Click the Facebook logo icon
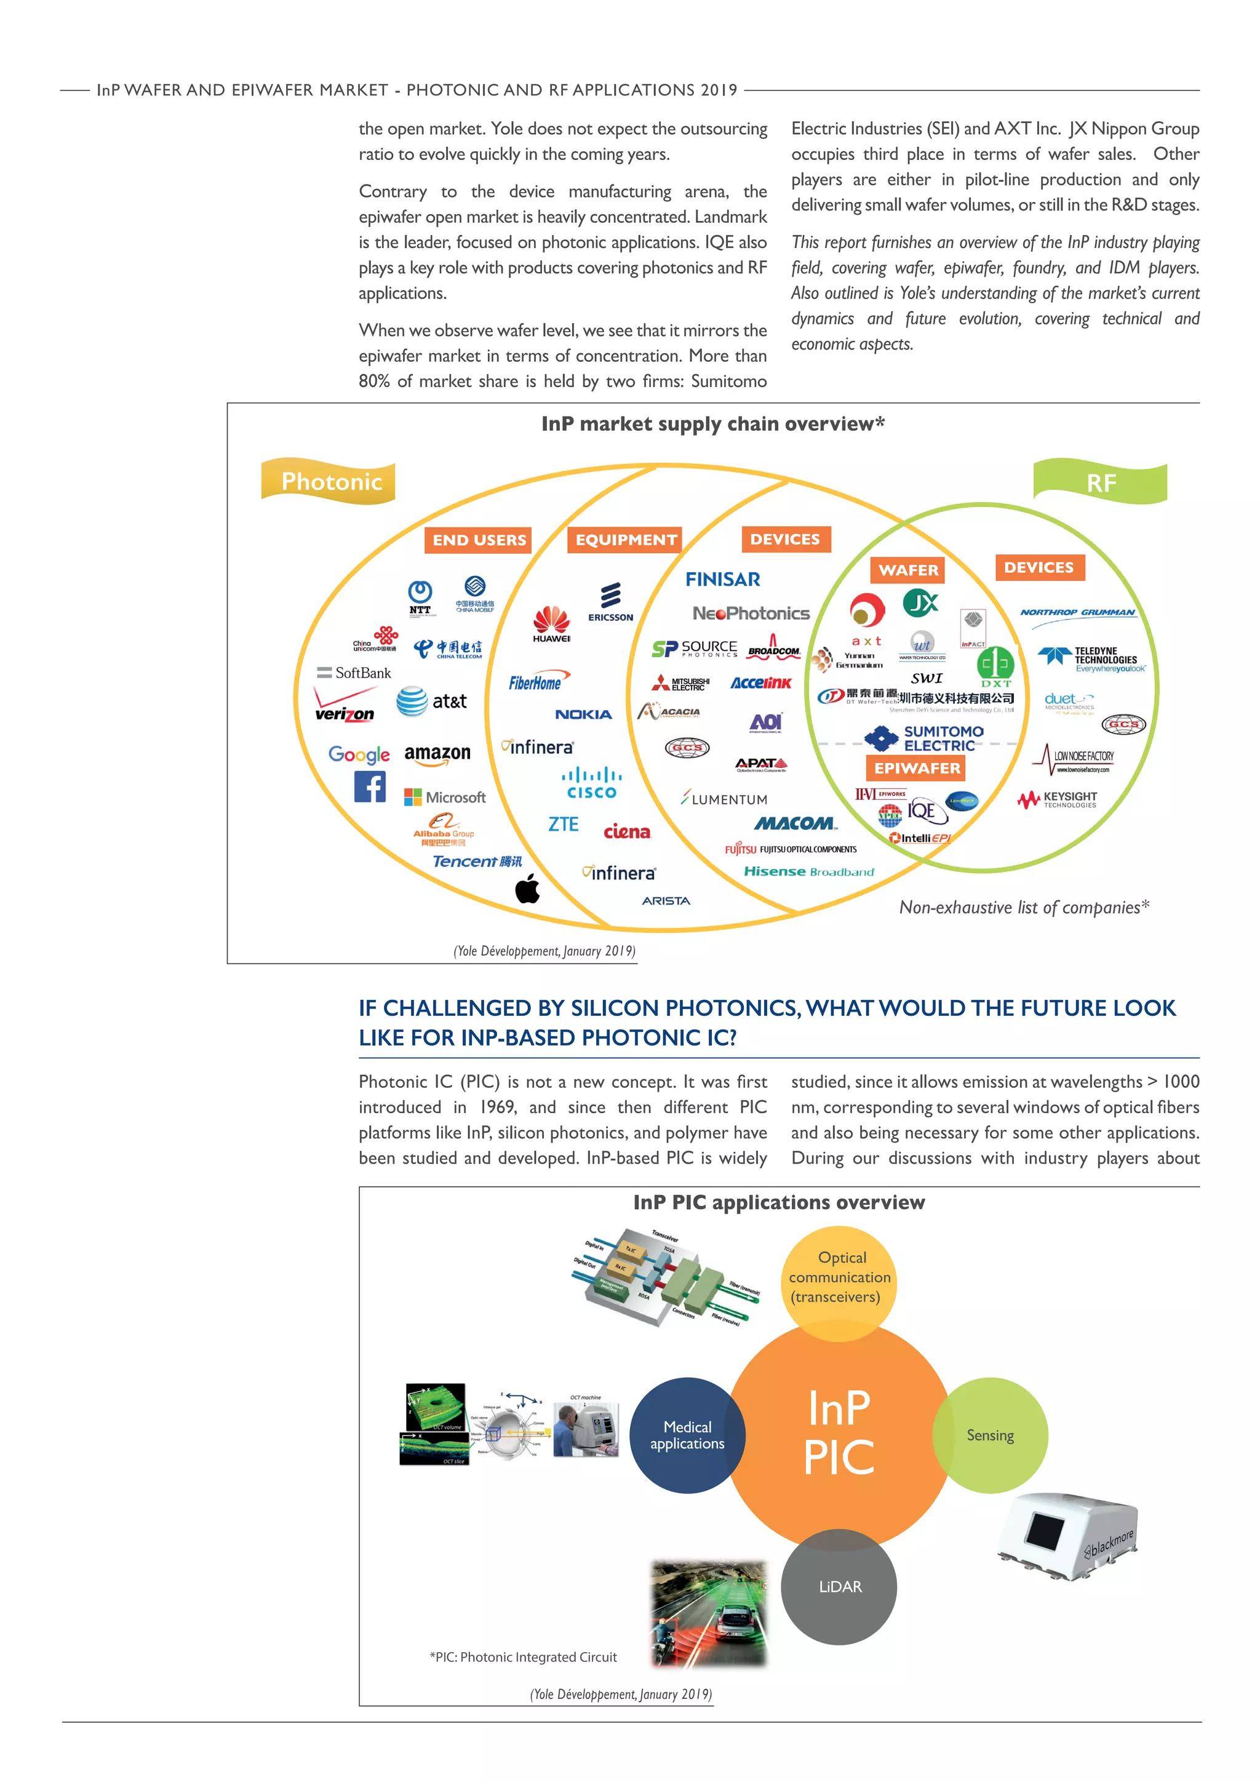click(x=370, y=787)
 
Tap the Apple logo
click(x=528, y=889)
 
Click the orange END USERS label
click(x=478, y=540)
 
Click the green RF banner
click(x=1100, y=482)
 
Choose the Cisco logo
click(x=591, y=783)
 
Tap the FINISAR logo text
click(x=722, y=579)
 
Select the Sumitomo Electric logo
click(x=924, y=738)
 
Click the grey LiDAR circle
click(x=839, y=1586)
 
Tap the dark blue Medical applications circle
click(x=687, y=1435)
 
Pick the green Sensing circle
click(x=991, y=1435)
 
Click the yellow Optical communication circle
click(x=839, y=1277)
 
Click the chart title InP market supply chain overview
click(x=712, y=424)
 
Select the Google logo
click(x=359, y=754)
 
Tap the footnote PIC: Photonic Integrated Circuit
click(x=523, y=1657)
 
